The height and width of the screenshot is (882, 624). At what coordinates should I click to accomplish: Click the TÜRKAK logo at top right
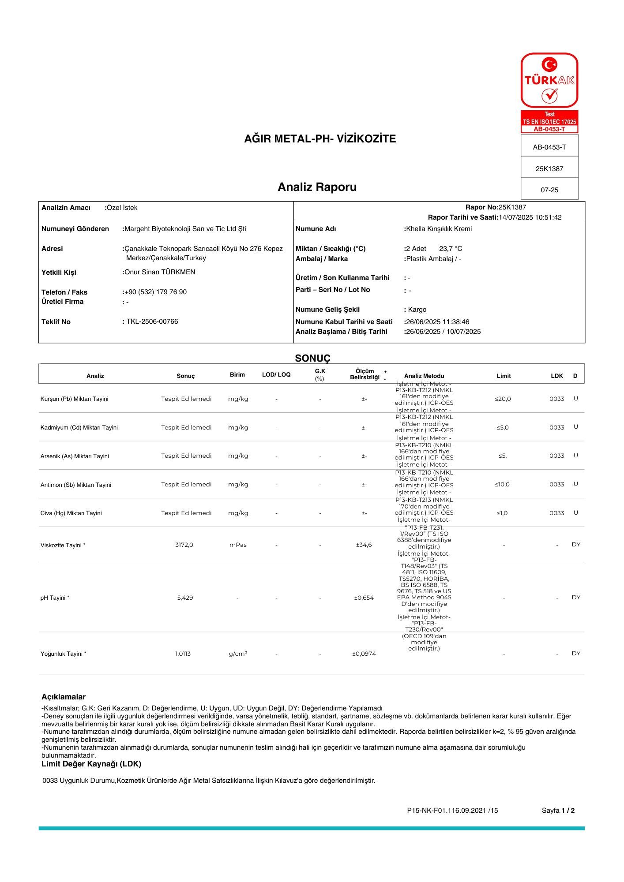click(549, 80)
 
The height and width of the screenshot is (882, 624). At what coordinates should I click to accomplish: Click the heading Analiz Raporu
click(317, 187)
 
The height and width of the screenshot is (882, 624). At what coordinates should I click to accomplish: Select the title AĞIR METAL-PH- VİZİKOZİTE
click(320, 138)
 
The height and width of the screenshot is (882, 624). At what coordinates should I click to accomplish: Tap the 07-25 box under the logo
click(549, 190)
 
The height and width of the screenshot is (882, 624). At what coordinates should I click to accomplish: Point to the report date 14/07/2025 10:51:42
click(530, 217)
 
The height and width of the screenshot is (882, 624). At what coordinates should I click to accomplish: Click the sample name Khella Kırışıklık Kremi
click(439, 229)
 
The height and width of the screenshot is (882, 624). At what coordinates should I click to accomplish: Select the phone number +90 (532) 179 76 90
click(155, 292)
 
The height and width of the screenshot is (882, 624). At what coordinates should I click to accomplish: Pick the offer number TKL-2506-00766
click(152, 321)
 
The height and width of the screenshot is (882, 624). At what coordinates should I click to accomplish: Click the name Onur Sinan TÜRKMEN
click(160, 272)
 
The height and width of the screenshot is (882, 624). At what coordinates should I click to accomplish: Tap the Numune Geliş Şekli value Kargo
click(417, 310)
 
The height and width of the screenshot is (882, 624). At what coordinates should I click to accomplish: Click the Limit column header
click(504, 376)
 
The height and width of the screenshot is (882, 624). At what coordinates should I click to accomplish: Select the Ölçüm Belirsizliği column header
click(365, 374)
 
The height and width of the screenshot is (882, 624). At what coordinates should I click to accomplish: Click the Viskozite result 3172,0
click(184, 545)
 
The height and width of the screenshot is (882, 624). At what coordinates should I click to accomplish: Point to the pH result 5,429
click(185, 598)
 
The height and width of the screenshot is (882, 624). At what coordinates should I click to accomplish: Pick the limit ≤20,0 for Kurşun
click(503, 399)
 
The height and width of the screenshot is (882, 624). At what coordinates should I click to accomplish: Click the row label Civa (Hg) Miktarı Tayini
click(71, 513)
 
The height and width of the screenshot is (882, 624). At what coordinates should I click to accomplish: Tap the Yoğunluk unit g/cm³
click(238, 654)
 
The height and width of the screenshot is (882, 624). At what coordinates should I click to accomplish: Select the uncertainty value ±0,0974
click(364, 654)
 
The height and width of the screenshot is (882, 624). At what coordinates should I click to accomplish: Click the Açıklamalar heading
click(64, 697)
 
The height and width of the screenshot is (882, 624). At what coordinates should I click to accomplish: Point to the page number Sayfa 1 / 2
click(558, 811)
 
